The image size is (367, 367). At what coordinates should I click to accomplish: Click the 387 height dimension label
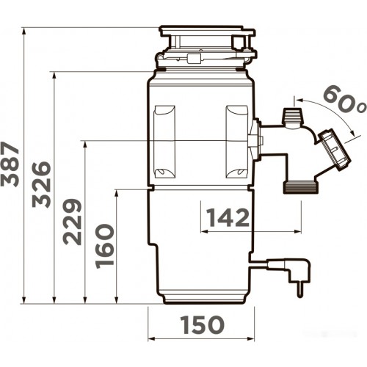[10, 164]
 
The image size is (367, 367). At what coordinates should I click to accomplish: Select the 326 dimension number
[42, 184]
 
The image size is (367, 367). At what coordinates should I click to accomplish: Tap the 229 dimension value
[72, 222]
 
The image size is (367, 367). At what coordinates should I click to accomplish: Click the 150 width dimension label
[202, 324]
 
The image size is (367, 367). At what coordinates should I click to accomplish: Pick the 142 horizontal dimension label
[228, 217]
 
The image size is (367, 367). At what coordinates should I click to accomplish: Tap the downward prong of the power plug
[300, 290]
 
